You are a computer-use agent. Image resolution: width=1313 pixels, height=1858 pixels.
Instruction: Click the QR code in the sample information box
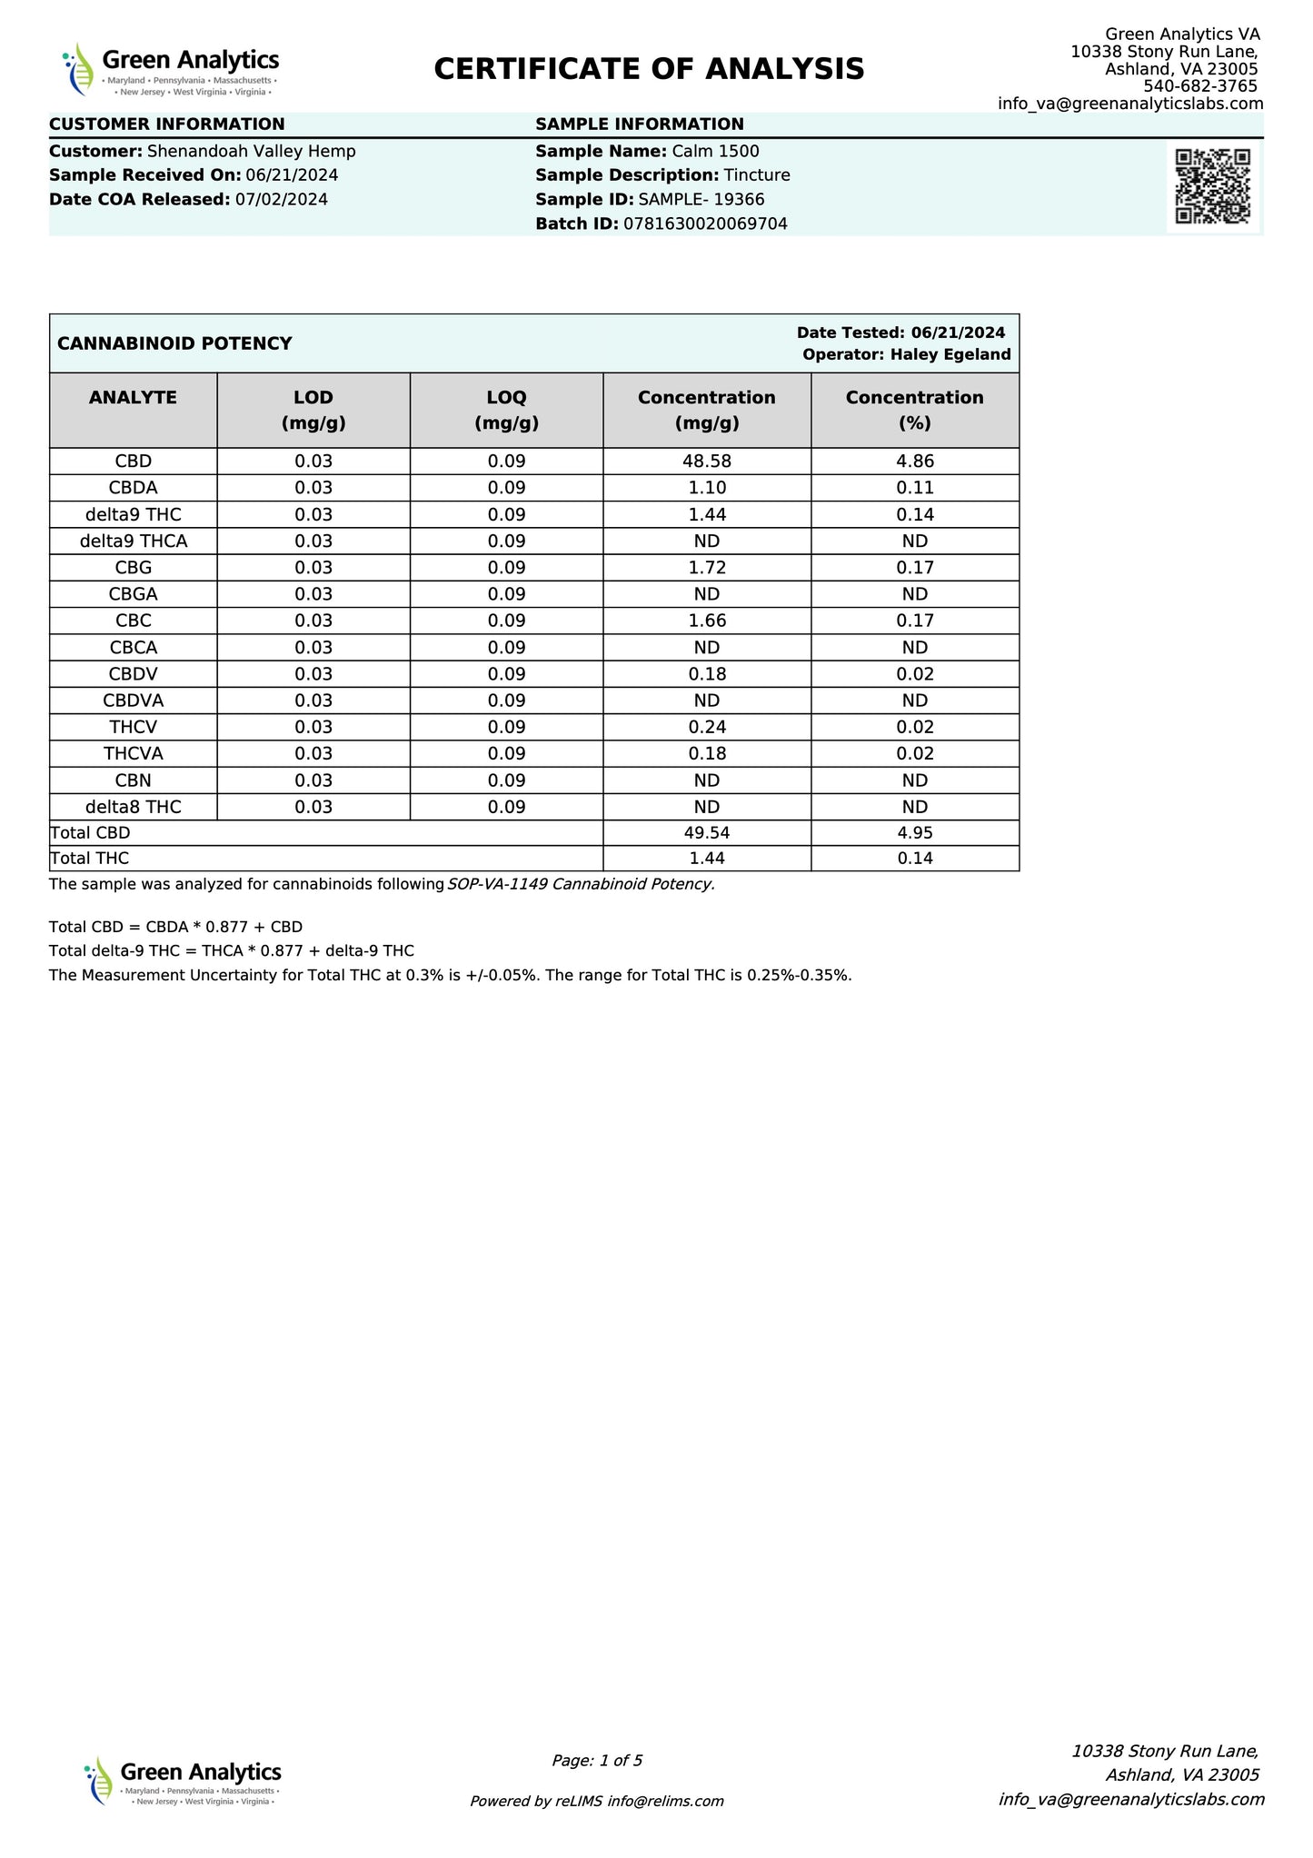coord(1212,185)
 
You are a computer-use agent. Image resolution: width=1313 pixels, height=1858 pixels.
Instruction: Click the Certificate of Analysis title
coord(649,69)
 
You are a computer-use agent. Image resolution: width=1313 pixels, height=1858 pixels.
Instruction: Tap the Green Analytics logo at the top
coord(171,69)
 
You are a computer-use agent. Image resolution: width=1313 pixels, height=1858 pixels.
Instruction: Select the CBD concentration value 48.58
coord(706,462)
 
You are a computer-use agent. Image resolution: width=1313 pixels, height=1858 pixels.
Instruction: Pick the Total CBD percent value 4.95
coord(914,833)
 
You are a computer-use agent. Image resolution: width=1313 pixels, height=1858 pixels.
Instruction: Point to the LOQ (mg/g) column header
coord(506,410)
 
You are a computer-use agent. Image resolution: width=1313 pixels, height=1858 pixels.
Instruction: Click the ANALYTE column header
coord(133,397)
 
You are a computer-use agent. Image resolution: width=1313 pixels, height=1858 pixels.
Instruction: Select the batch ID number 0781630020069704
coord(705,224)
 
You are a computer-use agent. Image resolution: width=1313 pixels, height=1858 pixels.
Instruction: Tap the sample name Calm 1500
coord(715,152)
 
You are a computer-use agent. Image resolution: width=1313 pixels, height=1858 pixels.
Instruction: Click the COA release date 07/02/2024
coord(282,200)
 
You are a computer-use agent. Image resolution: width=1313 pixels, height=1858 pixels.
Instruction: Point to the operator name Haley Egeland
coord(950,354)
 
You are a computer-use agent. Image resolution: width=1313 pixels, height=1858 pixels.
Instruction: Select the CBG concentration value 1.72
coord(706,568)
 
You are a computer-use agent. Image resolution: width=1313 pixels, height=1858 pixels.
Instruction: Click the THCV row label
coord(133,727)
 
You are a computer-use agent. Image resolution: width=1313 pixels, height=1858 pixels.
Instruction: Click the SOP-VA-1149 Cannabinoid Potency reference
coord(581,885)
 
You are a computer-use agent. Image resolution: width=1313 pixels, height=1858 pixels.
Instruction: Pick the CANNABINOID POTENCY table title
coord(174,343)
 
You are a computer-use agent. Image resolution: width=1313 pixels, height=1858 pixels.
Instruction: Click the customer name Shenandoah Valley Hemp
coord(251,152)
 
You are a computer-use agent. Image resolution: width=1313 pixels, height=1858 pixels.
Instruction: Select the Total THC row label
coord(90,859)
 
